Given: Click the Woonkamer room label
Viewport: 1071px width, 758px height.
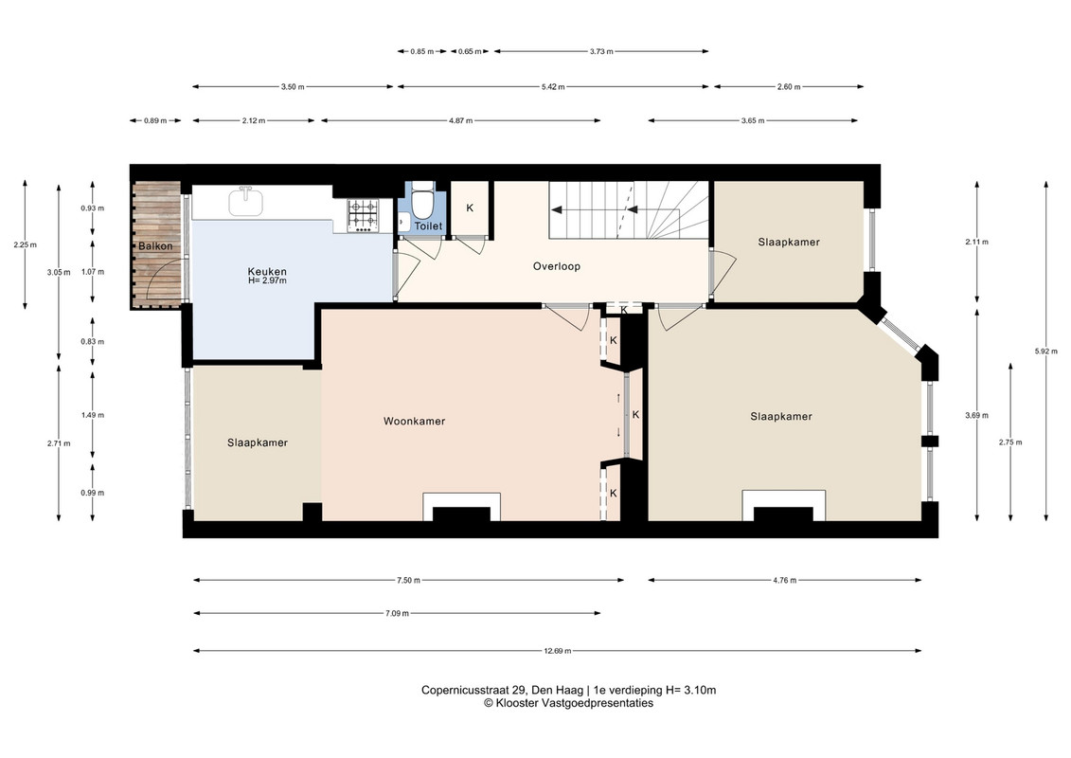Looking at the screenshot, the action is (x=414, y=421).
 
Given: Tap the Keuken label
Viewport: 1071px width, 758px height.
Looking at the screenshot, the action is (x=267, y=271).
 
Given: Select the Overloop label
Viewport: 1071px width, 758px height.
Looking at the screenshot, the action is (x=557, y=266).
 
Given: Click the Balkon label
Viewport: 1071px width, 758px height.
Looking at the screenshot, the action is (x=155, y=246).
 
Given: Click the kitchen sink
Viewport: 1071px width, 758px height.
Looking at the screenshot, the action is (x=245, y=202).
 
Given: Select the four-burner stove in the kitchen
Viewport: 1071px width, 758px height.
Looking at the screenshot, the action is (x=363, y=214).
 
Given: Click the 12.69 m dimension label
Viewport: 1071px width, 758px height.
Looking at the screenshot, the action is (x=558, y=651).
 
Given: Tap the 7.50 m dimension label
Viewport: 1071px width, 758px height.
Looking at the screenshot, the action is (x=408, y=580).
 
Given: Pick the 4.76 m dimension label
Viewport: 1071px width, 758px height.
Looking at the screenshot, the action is (x=785, y=580).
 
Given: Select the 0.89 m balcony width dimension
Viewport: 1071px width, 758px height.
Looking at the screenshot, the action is (x=155, y=121).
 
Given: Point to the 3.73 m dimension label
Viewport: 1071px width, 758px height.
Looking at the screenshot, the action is (x=601, y=51).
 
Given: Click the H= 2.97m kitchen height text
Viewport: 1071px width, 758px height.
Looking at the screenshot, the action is (x=267, y=280).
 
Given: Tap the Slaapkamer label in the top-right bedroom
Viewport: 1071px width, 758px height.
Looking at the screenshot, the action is (x=789, y=242).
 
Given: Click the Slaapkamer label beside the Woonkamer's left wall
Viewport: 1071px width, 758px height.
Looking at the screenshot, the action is (x=258, y=442).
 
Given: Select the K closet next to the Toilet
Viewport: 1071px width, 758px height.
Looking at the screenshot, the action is (x=470, y=208).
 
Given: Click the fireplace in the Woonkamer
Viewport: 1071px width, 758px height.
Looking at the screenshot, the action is (x=462, y=507).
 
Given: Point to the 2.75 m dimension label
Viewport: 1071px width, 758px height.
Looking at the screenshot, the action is (x=1010, y=442).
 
